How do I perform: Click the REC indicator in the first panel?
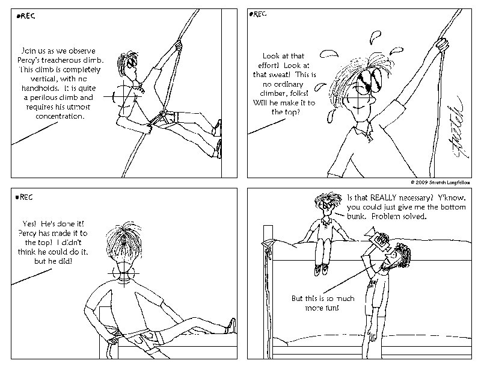pos(26,16)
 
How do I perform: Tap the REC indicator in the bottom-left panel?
pos(24,197)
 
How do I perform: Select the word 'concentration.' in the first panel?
pos(60,116)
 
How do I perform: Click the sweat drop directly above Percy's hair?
pos(375,37)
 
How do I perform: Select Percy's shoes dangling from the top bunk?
pos(321,270)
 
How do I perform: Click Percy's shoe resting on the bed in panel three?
pos(231,326)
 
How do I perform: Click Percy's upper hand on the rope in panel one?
pos(178,46)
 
